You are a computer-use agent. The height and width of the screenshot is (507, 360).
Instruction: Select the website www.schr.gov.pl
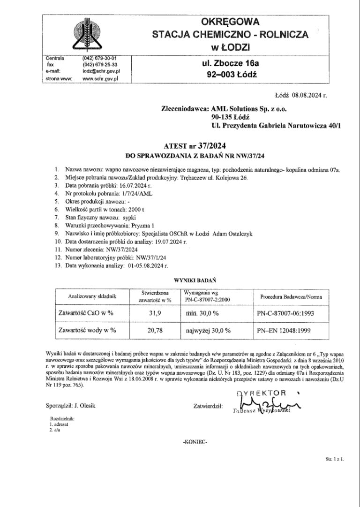[x=100, y=79]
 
